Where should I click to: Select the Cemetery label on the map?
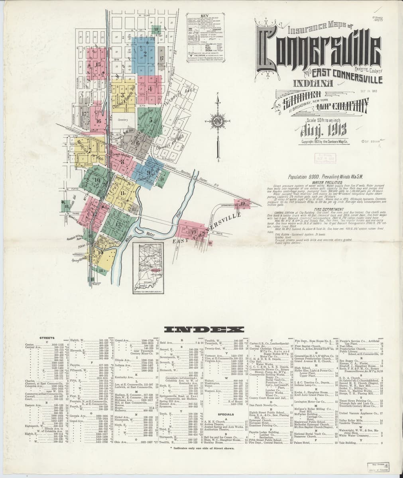(x=124, y=119)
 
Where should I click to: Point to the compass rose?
(x=217, y=120)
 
